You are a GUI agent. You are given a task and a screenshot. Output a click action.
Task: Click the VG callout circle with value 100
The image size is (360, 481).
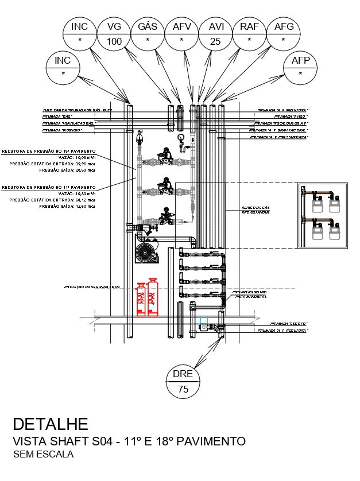[114, 34]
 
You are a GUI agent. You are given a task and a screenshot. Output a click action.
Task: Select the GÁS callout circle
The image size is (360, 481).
[148, 34]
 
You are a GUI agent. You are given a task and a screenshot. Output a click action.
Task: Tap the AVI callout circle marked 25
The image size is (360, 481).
[215, 34]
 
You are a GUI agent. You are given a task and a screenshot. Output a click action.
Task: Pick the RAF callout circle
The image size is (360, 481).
[249, 34]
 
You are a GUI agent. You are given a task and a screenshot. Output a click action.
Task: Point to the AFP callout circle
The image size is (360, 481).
[300, 67]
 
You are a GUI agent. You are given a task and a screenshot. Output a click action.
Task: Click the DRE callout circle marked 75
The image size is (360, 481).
[183, 381]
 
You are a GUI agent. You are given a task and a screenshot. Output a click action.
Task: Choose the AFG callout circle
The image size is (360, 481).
[284, 34]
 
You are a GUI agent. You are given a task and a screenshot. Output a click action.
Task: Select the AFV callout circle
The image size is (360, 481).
[181, 34]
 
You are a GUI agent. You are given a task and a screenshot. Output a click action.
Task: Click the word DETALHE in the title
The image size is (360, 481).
[51, 424]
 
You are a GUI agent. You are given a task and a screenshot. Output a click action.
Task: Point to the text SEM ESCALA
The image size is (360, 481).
[44, 455]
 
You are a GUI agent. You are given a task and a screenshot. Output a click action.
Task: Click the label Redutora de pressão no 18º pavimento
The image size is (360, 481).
[48, 152]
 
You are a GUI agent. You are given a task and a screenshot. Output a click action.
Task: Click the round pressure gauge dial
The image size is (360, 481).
[181, 137]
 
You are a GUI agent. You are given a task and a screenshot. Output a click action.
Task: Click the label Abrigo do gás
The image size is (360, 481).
[255, 207]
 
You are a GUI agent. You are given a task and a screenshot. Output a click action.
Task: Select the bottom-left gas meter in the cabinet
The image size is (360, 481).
[316, 231]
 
